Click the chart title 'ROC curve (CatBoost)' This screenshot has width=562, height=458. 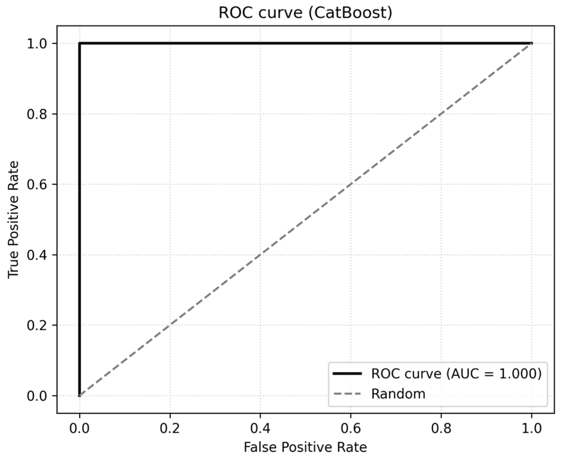[x=305, y=13]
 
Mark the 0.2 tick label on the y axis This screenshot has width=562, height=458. [x=37, y=325]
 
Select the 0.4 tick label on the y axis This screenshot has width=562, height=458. [x=37, y=255]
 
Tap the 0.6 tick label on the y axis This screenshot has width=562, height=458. [x=37, y=185]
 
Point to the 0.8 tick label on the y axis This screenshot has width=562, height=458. [x=37, y=114]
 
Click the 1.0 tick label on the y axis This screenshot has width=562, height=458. [x=37, y=44]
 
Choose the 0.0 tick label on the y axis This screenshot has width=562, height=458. [x=37, y=396]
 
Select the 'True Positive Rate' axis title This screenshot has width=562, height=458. [x=13, y=220]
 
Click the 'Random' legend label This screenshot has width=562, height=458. [x=398, y=394]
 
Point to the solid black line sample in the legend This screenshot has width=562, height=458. [x=347, y=374]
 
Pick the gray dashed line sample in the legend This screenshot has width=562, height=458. [x=347, y=394]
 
